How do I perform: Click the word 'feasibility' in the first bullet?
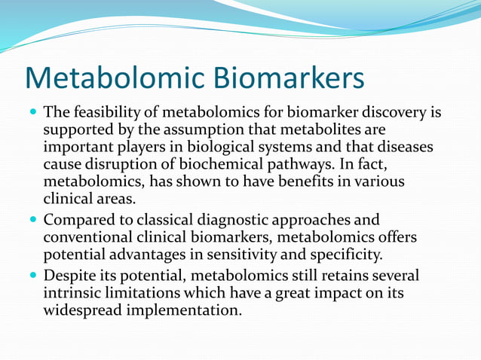pos(109,114)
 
